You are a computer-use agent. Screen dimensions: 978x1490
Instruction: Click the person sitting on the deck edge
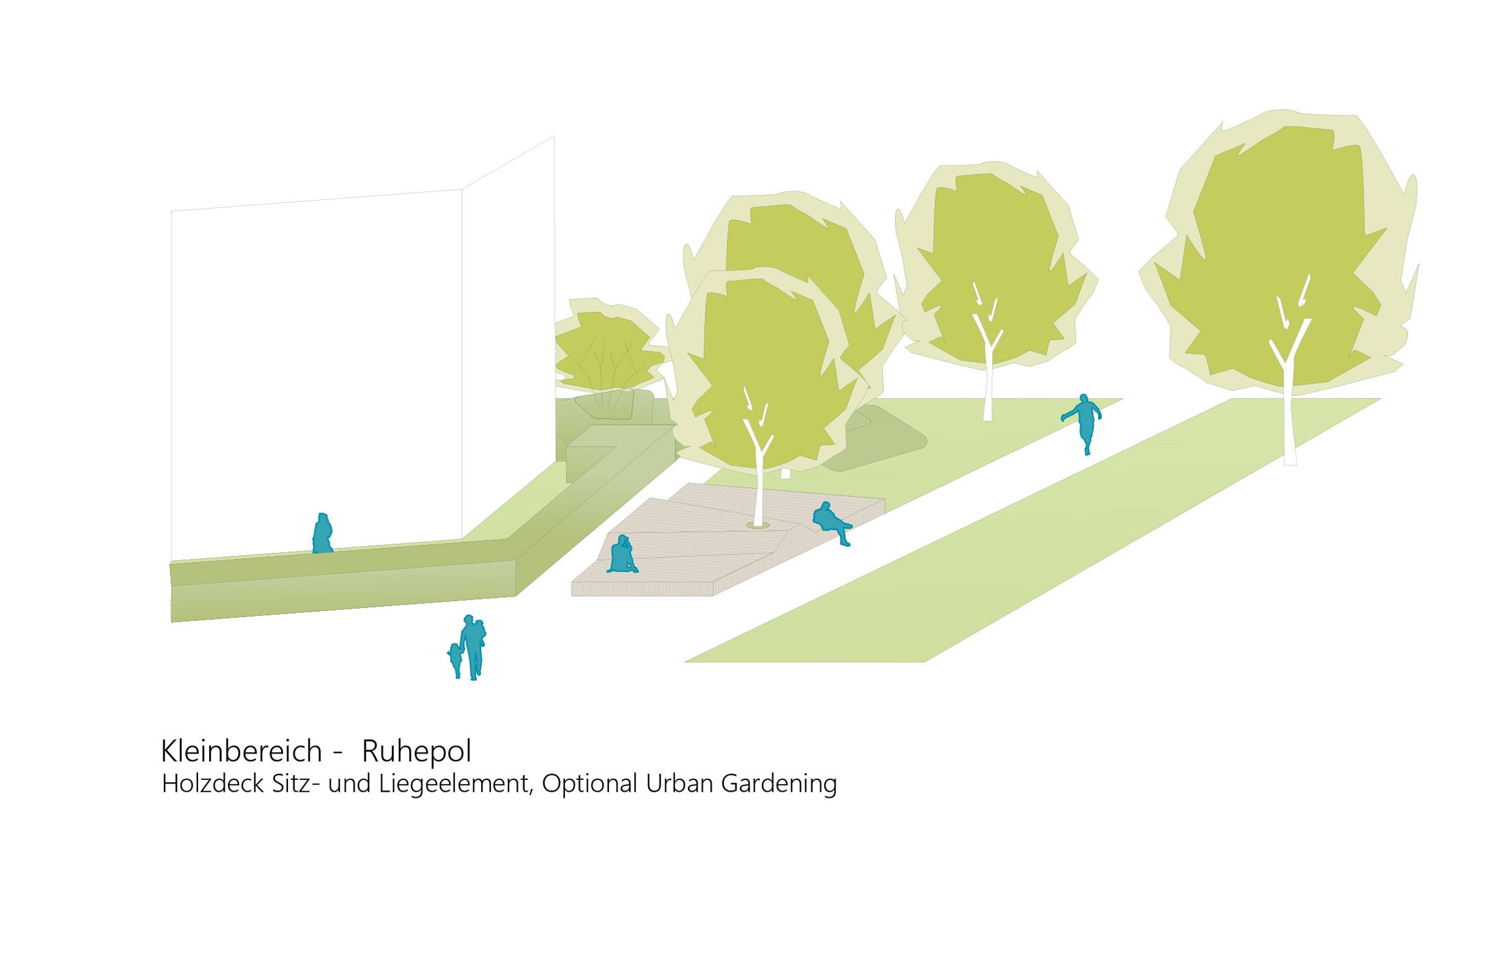[829, 522]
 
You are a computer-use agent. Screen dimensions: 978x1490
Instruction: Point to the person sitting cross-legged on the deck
[621, 555]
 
